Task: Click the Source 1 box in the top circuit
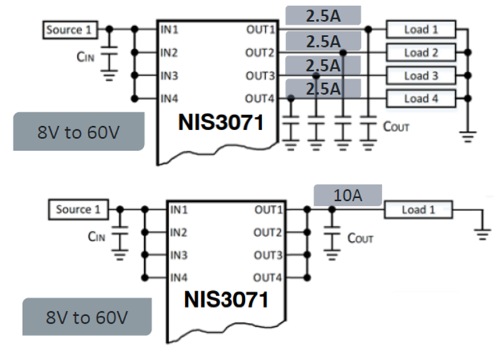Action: pyautogui.click(x=69, y=29)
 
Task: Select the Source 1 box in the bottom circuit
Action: pyautogui.click(x=78, y=209)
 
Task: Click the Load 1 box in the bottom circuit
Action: pyautogui.click(x=418, y=209)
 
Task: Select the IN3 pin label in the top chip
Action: pyautogui.click(x=170, y=76)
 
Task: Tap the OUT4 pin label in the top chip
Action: pyautogui.click(x=259, y=98)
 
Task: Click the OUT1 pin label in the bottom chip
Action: pyautogui.click(x=267, y=209)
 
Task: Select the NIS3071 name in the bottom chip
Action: pyautogui.click(x=226, y=300)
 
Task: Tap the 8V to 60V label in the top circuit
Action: pyautogui.click(x=79, y=132)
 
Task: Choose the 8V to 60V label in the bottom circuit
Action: pyautogui.click(x=87, y=318)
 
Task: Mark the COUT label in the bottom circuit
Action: pyautogui.click(x=360, y=238)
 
